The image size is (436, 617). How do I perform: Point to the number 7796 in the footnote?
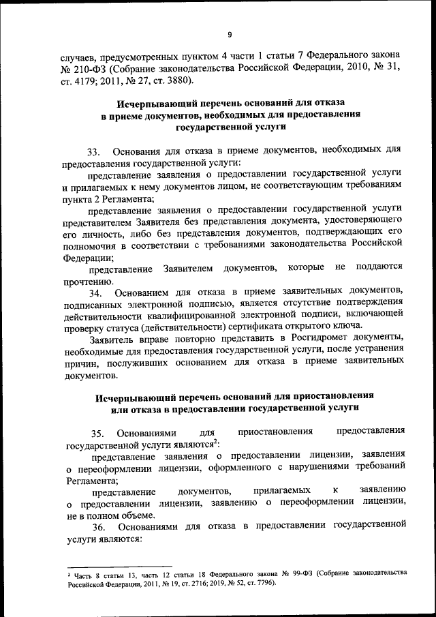pos(256,584)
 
